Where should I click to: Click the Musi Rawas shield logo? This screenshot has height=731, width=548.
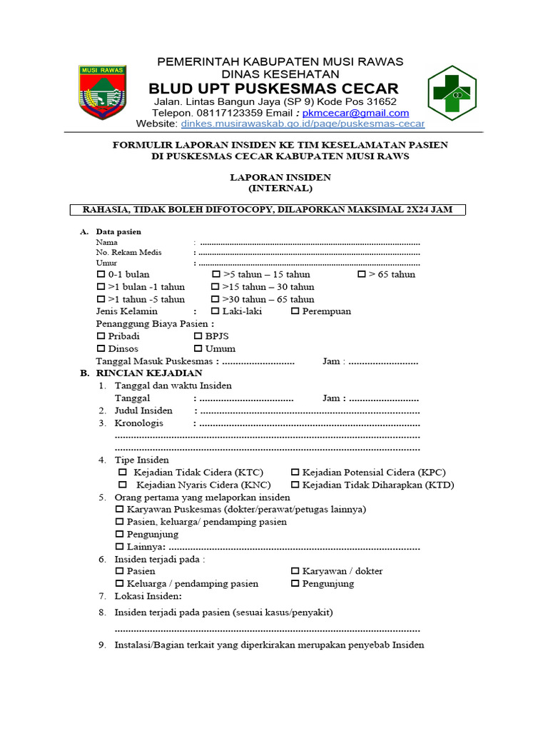pyautogui.click(x=103, y=92)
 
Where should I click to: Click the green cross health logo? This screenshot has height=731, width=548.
pyautogui.click(x=451, y=92)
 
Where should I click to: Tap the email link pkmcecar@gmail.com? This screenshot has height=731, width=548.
pyautogui.click(x=355, y=113)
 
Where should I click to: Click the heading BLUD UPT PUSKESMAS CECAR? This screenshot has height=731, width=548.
pyautogui.click(x=273, y=89)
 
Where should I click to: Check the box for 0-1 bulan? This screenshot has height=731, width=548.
pyautogui.click(x=101, y=275)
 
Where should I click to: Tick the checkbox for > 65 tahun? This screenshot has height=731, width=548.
pyautogui.click(x=361, y=275)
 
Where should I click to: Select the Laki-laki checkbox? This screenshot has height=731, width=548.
pyautogui.click(x=215, y=311)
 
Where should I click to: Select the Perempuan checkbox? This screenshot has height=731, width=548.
pyautogui.click(x=295, y=311)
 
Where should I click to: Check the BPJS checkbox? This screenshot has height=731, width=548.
pyautogui.click(x=198, y=336)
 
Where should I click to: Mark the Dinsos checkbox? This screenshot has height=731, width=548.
pyautogui.click(x=101, y=349)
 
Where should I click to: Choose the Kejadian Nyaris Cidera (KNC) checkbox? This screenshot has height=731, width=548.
pyautogui.click(x=120, y=485)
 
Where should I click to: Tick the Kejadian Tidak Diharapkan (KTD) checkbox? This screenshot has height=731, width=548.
pyautogui.click(x=295, y=485)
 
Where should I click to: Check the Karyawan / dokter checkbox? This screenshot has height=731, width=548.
pyautogui.click(x=295, y=571)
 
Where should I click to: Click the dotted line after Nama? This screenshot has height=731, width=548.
pyautogui.click(x=310, y=243)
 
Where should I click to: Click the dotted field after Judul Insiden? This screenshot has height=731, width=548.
pyautogui.click(x=310, y=411)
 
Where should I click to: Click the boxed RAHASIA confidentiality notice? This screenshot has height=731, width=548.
pyautogui.click(x=268, y=209)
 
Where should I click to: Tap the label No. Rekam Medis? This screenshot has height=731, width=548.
pyautogui.click(x=128, y=253)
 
